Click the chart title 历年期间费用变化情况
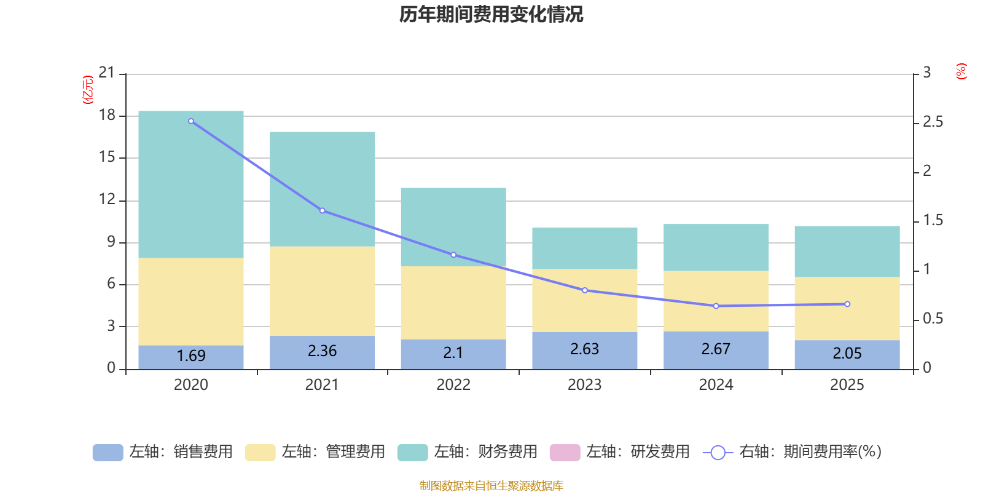pyautogui.click(x=491, y=14)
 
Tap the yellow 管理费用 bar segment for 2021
pyautogui.click(x=322, y=290)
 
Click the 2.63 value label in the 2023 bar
pyautogui.click(x=584, y=349)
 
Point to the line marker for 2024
pyautogui.click(x=716, y=306)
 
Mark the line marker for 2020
pyautogui.click(x=191, y=121)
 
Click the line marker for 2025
pyautogui.click(x=847, y=304)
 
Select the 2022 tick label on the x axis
pyautogui.click(x=453, y=385)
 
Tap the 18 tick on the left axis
pyautogui.click(x=107, y=115)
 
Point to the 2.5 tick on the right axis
pyautogui.click(x=933, y=122)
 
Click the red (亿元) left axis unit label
pyautogui.click(x=88, y=90)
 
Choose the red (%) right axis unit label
pyautogui.click(x=961, y=71)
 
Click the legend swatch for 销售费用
pyautogui.click(x=108, y=452)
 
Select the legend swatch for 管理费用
pyautogui.click(x=260, y=452)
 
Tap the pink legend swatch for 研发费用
pyautogui.click(x=565, y=452)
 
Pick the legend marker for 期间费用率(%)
pyautogui.click(x=718, y=453)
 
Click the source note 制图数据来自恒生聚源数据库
pyautogui.click(x=491, y=486)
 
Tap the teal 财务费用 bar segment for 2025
pyautogui.click(x=847, y=251)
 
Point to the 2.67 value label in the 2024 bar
pyautogui.click(x=716, y=349)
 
